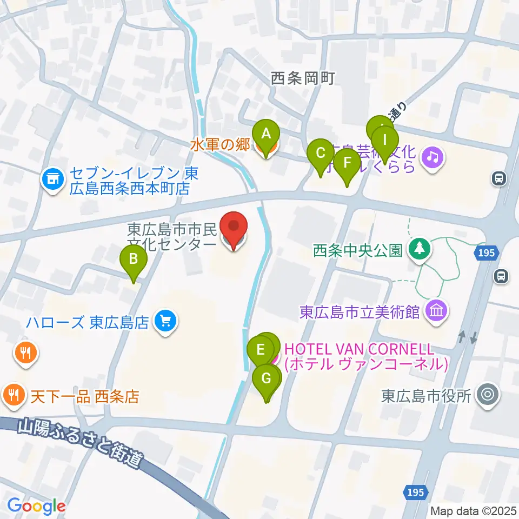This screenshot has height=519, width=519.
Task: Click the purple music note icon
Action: [x=433, y=157]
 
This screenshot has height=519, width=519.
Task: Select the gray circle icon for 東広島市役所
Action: [x=488, y=396]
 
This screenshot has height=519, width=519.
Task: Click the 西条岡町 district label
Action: [x=303, y=79]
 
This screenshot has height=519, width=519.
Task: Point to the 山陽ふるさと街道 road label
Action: [x=81, y=442]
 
